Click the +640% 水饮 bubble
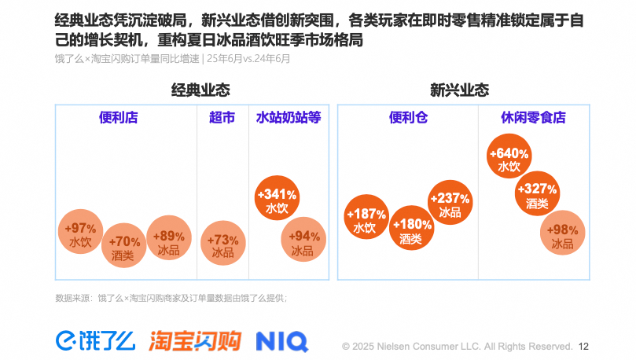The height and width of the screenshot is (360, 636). (509, 158)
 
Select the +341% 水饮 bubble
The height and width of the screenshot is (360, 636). (278, 200)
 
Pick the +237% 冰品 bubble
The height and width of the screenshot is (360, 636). (450, 204)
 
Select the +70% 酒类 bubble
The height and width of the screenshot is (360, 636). (123, 247)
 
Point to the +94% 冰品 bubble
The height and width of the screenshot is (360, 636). (303, 243)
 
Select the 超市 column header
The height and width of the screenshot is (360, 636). (222, 118)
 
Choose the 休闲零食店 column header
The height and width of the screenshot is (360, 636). (533, 118)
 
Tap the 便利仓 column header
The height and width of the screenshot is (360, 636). (408, 118)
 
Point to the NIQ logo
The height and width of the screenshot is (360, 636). (281, 341)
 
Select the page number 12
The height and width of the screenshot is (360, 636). (583, 346)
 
